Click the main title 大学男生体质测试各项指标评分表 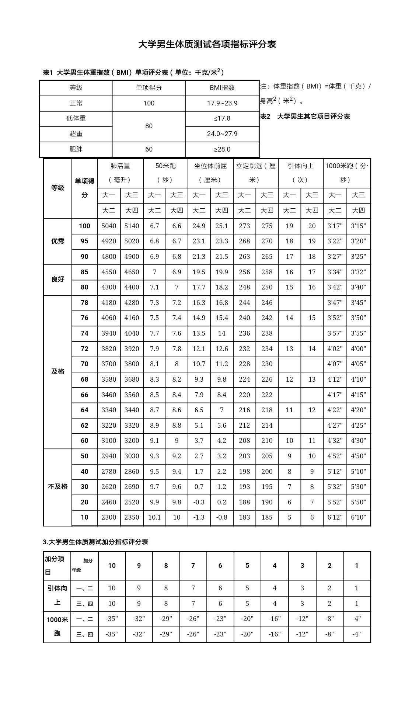click(x=207, y=45)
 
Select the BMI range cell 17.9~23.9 click(x=222, y=103)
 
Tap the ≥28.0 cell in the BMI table click(x=222, y=149)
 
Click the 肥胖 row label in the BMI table click(x=76, y=149)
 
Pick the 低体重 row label click(x=76, y=118)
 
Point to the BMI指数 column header click(x=222, y=88)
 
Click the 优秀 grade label click(x=58, y=241)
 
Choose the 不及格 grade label click(x=58, y=487)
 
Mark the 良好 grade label click(x=58, y=280)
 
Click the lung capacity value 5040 click(x=109, y=226)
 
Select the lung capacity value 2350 click(x=132, y=517)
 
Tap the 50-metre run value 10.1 click(x=154, y=517)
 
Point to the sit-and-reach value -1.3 click(x=199, y=517)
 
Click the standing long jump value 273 click(x=244, y=226)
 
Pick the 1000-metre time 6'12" click(x=335, y=517)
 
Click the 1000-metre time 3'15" click(x=358, y=226)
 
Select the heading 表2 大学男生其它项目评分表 click(x=305, y=117)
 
